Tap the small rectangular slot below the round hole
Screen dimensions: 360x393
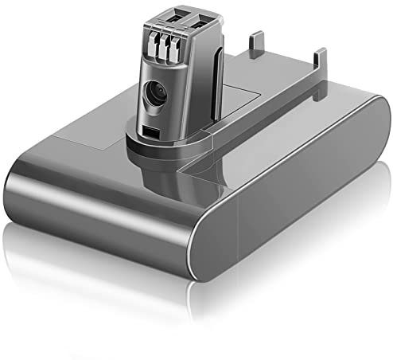point(152,129)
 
